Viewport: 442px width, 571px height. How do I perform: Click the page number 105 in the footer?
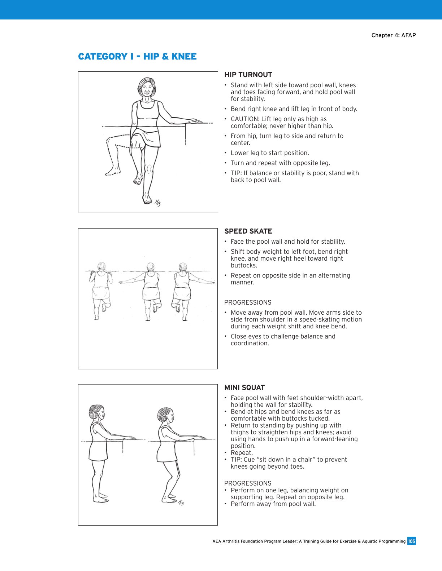tap(411, 541)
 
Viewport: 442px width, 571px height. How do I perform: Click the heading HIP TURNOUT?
tap(248, 75)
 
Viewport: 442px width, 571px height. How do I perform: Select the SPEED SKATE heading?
tap(248, 231)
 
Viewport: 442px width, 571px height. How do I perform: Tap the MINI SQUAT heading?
tap(244, 388)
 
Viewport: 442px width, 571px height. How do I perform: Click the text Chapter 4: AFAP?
tap(394, 35)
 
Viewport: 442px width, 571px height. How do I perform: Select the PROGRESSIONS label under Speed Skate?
tap(248, 303)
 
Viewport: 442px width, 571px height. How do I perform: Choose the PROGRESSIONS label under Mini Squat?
tap(248, 483)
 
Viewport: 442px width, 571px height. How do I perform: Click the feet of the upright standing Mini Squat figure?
tap(101, 498)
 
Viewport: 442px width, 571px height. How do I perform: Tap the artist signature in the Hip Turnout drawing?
tap(157, 203)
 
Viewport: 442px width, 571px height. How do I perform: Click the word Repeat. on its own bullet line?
tap(242, 453)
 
